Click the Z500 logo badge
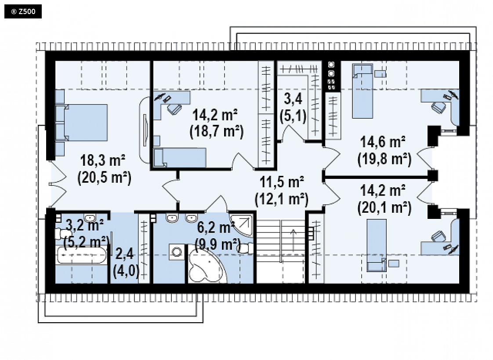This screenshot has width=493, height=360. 23,11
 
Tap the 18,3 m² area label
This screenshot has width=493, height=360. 103,160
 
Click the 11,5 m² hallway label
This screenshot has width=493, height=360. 281,182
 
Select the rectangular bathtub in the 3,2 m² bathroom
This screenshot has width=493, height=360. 81,255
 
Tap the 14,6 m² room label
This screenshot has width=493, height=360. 382,142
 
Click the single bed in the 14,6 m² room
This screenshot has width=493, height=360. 362,91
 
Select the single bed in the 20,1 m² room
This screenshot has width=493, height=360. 377,245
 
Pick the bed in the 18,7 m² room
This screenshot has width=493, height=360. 180,157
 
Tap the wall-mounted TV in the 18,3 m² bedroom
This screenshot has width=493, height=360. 145,130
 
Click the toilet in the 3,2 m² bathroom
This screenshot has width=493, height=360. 63,234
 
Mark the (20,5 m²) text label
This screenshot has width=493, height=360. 105,178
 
